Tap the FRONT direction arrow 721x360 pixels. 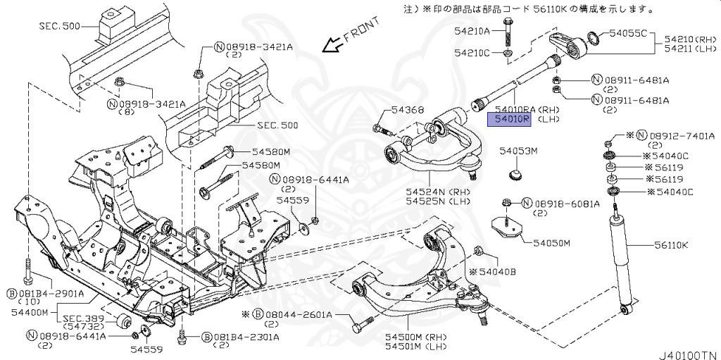330,45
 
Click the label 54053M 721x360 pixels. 518,151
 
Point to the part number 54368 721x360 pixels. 389,110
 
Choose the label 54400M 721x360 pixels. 29,311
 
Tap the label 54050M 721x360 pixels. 551,243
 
